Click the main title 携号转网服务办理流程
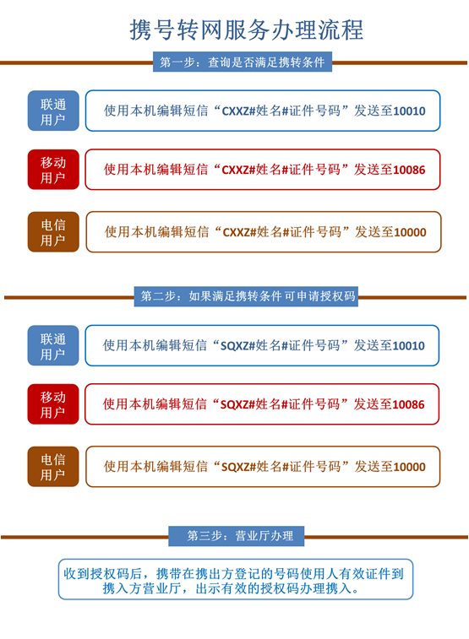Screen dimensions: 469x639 (246, 30)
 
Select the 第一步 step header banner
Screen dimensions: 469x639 (243, 62)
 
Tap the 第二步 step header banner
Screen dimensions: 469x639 (246, 296)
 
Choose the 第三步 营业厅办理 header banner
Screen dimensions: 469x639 (237, 536)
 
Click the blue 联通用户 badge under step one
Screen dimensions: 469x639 (53, 111)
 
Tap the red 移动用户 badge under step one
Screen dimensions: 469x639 (53, 170)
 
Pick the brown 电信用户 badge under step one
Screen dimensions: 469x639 (53, 232)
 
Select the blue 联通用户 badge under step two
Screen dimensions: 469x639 (53, 345)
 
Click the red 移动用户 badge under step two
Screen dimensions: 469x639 (53, 404)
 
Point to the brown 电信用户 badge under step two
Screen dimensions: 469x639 (53, 467)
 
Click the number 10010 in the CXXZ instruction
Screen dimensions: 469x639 (410, 111)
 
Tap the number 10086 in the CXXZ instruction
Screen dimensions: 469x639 (410, 170)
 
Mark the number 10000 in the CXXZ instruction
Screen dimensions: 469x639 (411, 232)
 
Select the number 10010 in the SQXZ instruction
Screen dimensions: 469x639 (409, 346)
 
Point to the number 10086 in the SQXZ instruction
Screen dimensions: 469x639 (409, 404)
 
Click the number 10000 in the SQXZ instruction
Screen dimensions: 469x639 (410, 467)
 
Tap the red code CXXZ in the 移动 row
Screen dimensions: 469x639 (235, 170)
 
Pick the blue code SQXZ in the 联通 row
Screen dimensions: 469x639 (234, 346)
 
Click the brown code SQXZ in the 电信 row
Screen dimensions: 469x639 (235, 467)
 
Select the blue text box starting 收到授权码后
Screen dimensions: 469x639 (236, 580)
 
